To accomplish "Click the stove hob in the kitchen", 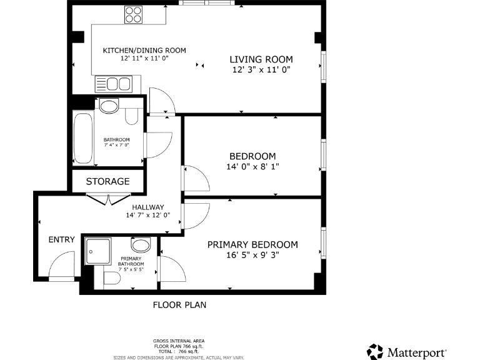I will (x=133, y=14).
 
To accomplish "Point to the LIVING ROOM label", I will (x=261, y=59).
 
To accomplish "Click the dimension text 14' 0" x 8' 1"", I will (x=252, y=167).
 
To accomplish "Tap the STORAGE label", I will (x=107, y=181).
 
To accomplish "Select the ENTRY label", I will (x=61, y=239).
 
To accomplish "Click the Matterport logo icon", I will (x=375, y=351).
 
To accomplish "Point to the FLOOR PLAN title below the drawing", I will (x=179, y=305).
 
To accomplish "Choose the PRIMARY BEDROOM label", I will (x=252, y=244).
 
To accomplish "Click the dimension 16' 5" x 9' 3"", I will (x=252, y=255).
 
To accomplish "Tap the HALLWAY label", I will (x=148, y=207).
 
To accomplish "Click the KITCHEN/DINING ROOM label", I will (x=144, y=51).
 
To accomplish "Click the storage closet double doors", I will (x=109, y=199).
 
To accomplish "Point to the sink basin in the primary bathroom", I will (x=141, y=244).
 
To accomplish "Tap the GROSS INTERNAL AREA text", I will (x=179, y=341).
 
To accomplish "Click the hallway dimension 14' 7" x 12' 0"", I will (x=148, y=216).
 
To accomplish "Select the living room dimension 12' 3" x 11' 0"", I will (x=261, y=70).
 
